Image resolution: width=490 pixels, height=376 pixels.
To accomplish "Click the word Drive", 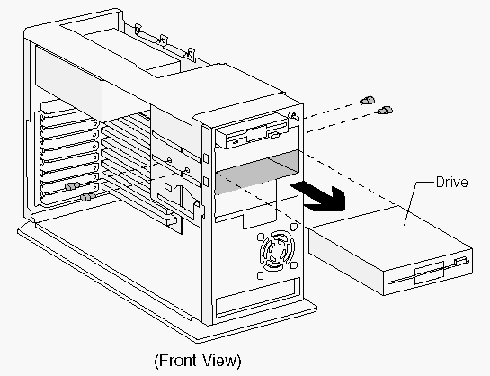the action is (x=451, y=182).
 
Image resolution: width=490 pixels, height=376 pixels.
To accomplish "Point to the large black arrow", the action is (x=320, y=196).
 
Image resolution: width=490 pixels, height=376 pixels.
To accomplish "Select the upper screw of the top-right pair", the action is (x=367, y=101).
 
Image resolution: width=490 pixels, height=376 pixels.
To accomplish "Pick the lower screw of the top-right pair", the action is (x=385, y=110).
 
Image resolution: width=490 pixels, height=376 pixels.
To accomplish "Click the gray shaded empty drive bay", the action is (x=257, y=171).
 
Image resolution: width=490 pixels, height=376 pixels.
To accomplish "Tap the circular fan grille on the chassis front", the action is (x=277, y=251).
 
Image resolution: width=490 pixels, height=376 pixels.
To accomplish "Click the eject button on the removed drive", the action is (x=461, y=261).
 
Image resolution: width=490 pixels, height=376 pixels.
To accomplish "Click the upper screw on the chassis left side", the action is (x=73, y=186).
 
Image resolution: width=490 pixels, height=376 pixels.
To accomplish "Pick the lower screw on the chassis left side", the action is (x=88, y=197).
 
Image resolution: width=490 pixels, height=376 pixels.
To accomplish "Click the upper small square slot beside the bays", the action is (x=206, y=157).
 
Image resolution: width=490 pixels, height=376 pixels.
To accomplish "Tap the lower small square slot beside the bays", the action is (x=206, y=182).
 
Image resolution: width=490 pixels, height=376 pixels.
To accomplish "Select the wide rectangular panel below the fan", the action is (x=258, y=297).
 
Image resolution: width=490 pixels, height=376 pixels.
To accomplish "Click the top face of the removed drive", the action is (x=390, y=233).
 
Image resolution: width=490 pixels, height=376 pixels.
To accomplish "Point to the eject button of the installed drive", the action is (x=273, y=135).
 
